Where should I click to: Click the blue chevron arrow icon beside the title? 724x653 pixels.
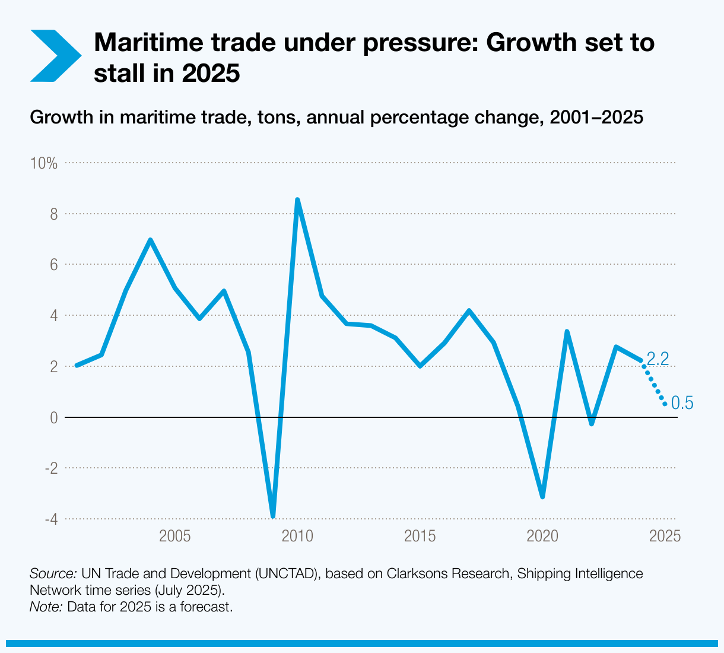tap(55, 55)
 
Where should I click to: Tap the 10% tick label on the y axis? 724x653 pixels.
tap(44, 163)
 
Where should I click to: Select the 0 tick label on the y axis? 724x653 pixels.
tap(53, 417)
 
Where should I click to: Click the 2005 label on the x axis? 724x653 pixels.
tap(174, 537)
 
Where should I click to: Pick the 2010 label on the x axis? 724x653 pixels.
tap(297, 537)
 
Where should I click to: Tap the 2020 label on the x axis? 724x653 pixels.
tap(542, 537)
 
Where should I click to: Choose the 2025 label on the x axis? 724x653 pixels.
tap(665, 537)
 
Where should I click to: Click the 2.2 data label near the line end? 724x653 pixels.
tap(658, 359)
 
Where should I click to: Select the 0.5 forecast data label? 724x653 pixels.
tap(682, 404)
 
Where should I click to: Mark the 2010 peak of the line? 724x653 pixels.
tap(297, 200)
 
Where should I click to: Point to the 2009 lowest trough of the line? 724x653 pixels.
tap(272, 515)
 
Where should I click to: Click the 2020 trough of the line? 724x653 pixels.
tap(542, 496)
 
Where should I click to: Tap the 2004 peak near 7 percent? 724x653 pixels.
tap(150, 240)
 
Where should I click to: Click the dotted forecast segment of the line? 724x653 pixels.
tap(653, 383)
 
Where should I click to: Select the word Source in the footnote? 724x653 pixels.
tap(53, 574)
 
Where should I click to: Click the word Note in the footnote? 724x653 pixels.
tap(46, 607)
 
